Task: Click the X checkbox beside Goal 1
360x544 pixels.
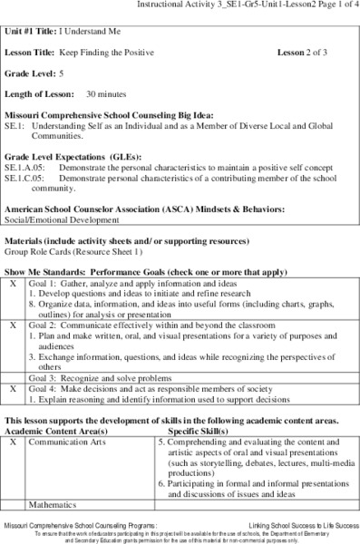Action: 13,284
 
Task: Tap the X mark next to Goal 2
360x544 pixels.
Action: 13,324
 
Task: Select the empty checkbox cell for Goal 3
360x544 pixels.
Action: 13,376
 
